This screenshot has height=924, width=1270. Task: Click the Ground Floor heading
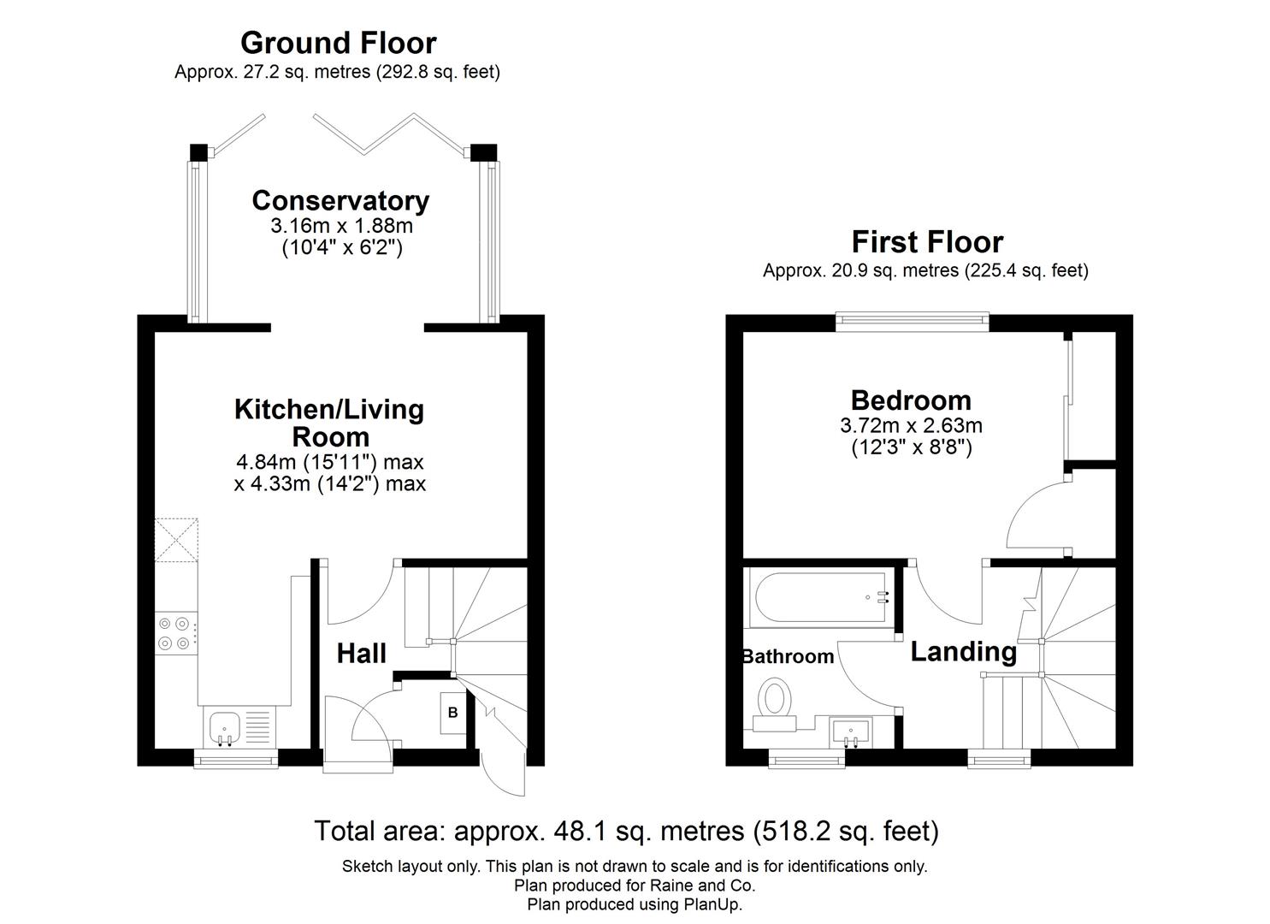click(338, 43)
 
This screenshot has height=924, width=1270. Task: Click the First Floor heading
click(927, 242)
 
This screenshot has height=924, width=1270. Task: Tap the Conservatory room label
click(340, 201)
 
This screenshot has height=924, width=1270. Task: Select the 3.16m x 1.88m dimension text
click(341, 227)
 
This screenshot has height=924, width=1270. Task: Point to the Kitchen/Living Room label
click(329, 423)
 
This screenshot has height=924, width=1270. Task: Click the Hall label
click(361, 654)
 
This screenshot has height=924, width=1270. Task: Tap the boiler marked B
click(453, 713)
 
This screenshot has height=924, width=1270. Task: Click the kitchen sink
click(226, 727)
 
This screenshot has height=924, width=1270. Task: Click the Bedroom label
click(911, 400)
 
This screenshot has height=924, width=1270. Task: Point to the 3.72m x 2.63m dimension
click(911, 425)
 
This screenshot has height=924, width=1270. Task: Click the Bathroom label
click(788, 657)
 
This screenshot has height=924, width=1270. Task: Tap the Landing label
click(963, 652)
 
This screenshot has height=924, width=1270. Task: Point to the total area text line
click(626, 831)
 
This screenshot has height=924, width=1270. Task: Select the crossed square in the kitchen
click(176, 539)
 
